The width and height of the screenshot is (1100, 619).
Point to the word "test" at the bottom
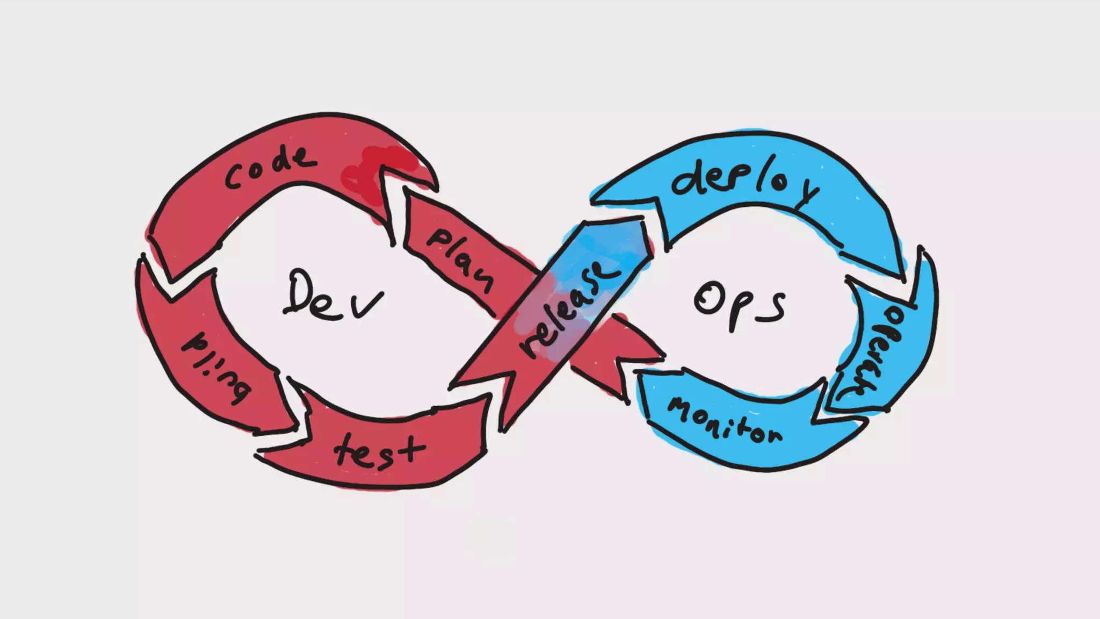point(379,451)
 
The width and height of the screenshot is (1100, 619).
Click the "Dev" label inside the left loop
point(333,296)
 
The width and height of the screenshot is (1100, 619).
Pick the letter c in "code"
point(234,178)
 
